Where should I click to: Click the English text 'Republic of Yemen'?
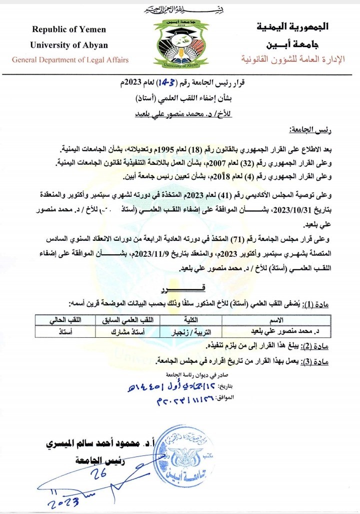pos(68,30)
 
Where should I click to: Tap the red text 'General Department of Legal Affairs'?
pos(70,60)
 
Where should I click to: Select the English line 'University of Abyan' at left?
pos(69,45)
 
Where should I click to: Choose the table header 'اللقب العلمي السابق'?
pos(135,320)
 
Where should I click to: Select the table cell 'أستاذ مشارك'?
pos(135,331)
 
